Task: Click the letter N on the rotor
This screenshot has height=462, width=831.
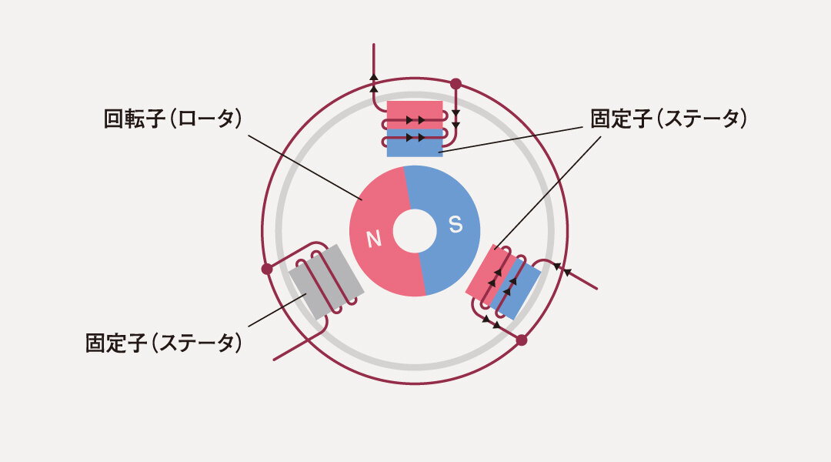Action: click(x=374, y=239)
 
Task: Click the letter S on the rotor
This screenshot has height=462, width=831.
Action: click(x=456, y=224)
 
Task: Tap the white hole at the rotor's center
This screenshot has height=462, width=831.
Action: click(x=415, y=230)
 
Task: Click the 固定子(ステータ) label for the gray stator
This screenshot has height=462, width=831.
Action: click(x=163, y=343)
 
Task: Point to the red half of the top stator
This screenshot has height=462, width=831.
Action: click(x=415, y=109)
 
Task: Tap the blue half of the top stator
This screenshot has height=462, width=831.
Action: click(x=415, y=146)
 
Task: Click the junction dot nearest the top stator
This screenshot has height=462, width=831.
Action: click(x=456, y=83)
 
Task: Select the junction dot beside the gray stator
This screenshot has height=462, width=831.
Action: click(x=267, y=269)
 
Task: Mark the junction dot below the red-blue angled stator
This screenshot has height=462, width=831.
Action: click(x=521, y=340)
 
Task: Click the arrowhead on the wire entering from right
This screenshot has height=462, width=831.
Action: click(x=568, y=271)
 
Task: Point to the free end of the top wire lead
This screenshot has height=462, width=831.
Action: click(x=374, y=46)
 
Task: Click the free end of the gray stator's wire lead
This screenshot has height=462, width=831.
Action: click(x=275, y=360)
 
